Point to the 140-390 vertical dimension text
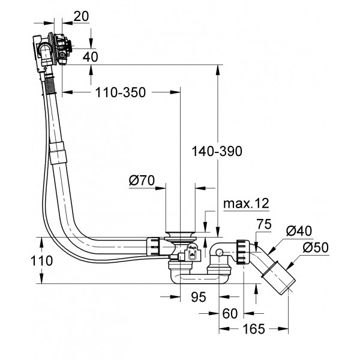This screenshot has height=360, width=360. pyautogui.click(x=217, y=152)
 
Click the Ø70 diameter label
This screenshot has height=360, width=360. pyautogui.click(x=142, y=179)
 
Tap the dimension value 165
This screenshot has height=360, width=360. pyautogui.click(x=256, y=329)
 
